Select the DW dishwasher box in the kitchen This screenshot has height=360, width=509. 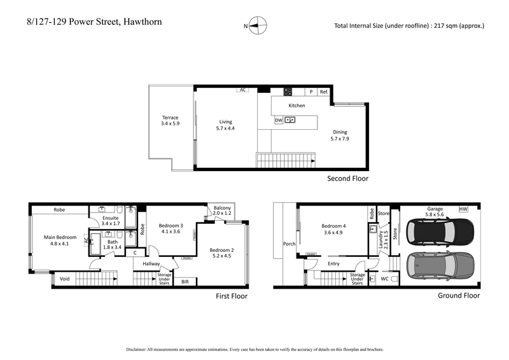point(278,120)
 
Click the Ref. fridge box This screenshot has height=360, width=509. point(324,92)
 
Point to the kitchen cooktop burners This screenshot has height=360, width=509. point(288,92)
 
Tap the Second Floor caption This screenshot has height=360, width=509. point(347,179)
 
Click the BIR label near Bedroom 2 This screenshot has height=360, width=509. point(185,281)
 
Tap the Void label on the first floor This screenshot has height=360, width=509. point(64,278)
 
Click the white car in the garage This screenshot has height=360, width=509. point(440,232)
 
